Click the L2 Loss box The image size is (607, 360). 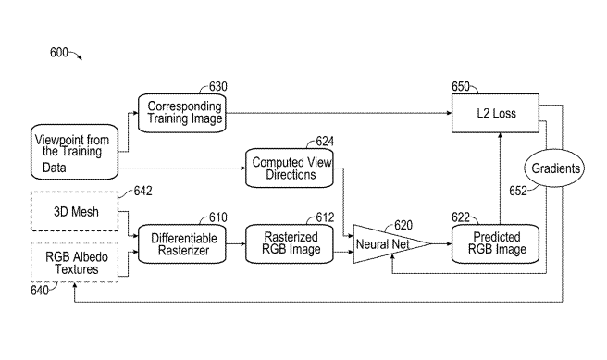click(x=495, y=113)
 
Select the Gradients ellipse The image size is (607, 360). click(x=554, y=168)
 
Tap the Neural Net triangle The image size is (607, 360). click(x=391, y=244)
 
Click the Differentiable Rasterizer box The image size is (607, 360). click(x=182, y=244)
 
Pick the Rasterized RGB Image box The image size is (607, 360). click(x=290, y=244)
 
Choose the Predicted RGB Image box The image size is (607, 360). click(x=495, y=244)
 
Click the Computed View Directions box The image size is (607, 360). click(x=290, y=168)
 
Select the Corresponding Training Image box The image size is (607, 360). click(x=182, y=113)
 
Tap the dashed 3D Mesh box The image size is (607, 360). click(x=75, y=211)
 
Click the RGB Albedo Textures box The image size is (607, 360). click(x=75, y=263)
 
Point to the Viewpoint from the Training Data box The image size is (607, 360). click(x=74, y=152)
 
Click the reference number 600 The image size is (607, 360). click(x=59, y=52)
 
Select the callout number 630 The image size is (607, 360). click(x=218, y=86)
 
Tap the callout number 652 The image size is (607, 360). click(x=518, y=191)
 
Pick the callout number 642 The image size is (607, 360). click(x=142, y=191)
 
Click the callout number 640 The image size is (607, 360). click(x=40, y=291)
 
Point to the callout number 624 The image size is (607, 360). click(x=325, y=142)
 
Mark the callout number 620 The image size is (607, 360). click(x=403, y=225)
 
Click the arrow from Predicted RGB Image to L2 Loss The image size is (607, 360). click(x=501, y=179)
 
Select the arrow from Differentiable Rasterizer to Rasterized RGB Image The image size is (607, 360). click(x=236, y=244)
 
